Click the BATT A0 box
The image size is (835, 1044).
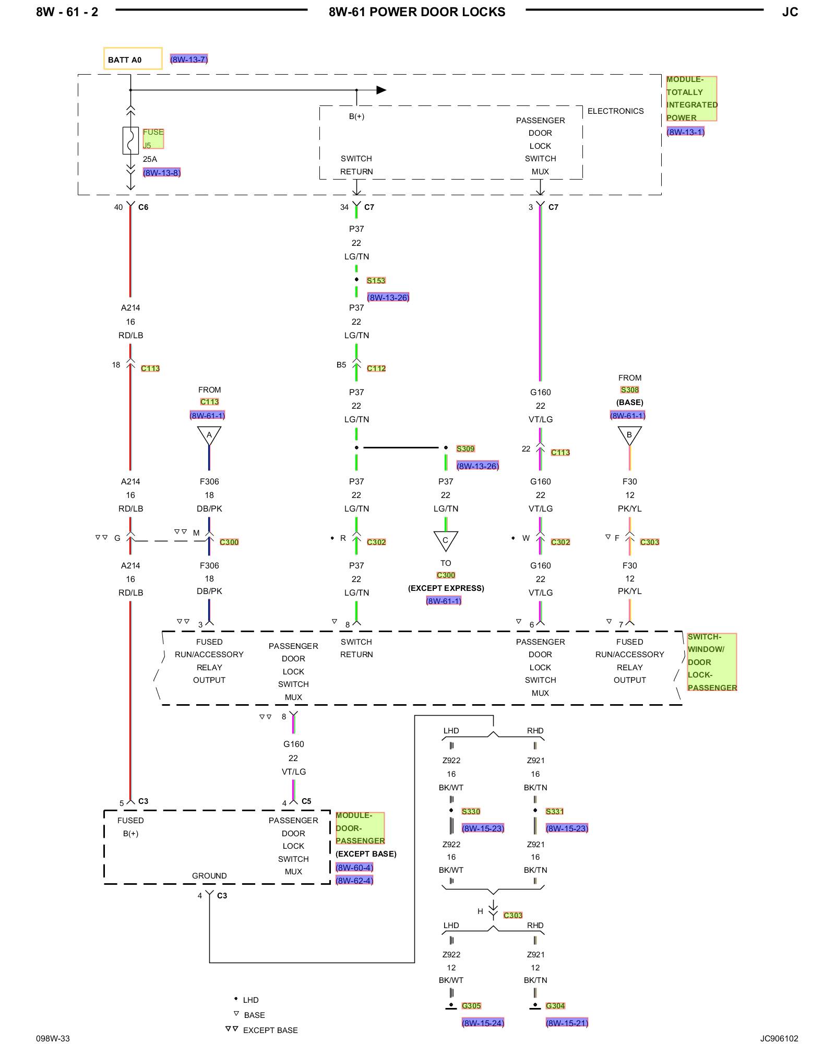pyautogui.click(x=133, y=58)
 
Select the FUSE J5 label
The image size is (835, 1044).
pyautogui.click(x=153, y=138)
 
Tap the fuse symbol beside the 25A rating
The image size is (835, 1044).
pyautogui.click(x=130, y=140)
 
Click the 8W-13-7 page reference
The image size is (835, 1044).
pyautogui.click(x=189, y=59)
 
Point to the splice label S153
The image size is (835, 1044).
pyautogui.click(x=376, y=280)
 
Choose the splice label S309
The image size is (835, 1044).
pyautogui.click(x=466, y=448)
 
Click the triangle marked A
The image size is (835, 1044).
pyautogui.click(x=209, y=435)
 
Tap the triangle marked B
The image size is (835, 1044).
pyautogui.click(x=629, y=435)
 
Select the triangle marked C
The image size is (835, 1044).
pyautogui.click(x=446, y=540)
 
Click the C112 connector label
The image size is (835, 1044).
pyautogui.click(x=376, y=368)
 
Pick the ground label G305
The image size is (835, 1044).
pyautogui.click(x=471, y=1005)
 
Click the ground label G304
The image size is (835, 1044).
pyautogui.click(x=555, y=1005)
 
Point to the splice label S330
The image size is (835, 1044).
pyautogui.click(x=471, y=811)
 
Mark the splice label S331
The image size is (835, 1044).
pyautogui.click(x=555, y=811)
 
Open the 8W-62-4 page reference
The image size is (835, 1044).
pyautogui.click(x=354, y=881)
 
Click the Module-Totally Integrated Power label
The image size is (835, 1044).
pyautogui.click(x=691, y=99)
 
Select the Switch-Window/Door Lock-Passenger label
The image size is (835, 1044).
pyautogui.click(x=712, y=662)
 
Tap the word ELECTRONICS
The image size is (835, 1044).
pyautogui.click(x=616, y=111)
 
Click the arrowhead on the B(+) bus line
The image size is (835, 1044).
pyautogui.click(x=381, y=90)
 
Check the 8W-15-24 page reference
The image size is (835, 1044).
pyautogui.click(x=483, y=1023)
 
